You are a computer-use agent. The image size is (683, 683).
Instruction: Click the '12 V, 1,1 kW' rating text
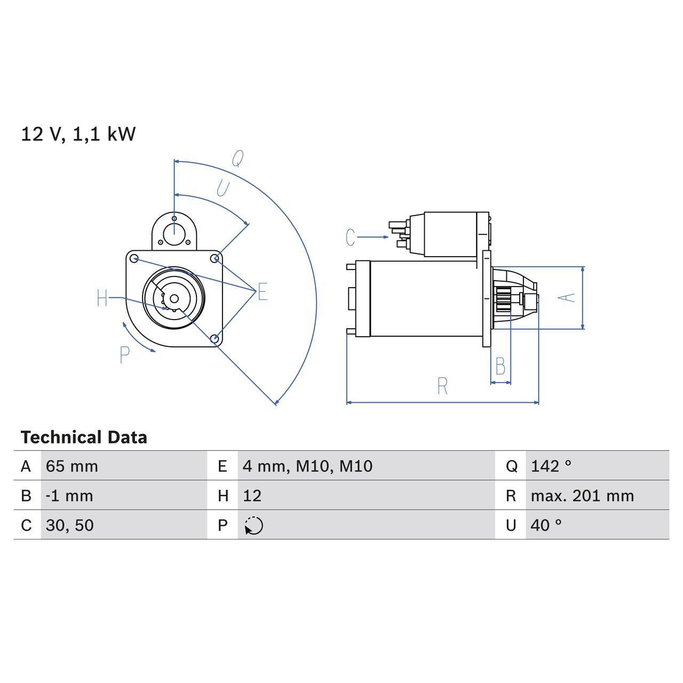[x=78, y=134]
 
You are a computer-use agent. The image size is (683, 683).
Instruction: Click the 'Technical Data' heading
[x=84, y=438]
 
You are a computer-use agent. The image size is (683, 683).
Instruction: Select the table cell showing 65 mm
[x=72, y=466]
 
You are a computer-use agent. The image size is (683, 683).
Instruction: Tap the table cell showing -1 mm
[x=69, y=496]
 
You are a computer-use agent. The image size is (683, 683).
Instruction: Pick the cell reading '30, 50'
[x=70, y=525]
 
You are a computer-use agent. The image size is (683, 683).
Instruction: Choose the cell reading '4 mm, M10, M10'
[x=307, y=466]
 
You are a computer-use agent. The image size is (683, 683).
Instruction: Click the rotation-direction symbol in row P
[x=254, y=526]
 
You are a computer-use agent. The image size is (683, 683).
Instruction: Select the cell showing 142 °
[x=551, y=466]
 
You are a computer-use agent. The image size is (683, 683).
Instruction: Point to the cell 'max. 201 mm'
[x=582, y=496]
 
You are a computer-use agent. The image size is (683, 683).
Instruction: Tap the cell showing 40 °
[x=546, y=525]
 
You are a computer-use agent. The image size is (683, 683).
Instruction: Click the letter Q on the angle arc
[x=237, y=158]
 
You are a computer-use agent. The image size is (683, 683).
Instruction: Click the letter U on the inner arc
[x=223, y=188]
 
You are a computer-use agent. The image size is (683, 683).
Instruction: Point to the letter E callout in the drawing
[x=262, y=292]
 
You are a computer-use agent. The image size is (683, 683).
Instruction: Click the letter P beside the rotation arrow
[x=124, y=355]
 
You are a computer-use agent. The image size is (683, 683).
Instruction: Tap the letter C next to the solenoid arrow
[x=350, y=237]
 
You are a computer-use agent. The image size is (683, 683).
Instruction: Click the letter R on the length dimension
[x=442, y=386]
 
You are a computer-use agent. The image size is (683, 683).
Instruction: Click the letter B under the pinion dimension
[x=500, y=367]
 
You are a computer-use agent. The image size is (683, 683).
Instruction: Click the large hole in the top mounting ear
[x=174, y=233]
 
